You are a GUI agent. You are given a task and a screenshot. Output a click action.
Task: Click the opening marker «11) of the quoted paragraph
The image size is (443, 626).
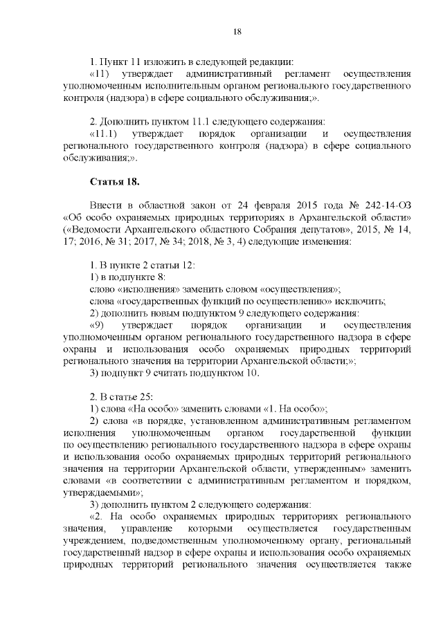tap(103, 74)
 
